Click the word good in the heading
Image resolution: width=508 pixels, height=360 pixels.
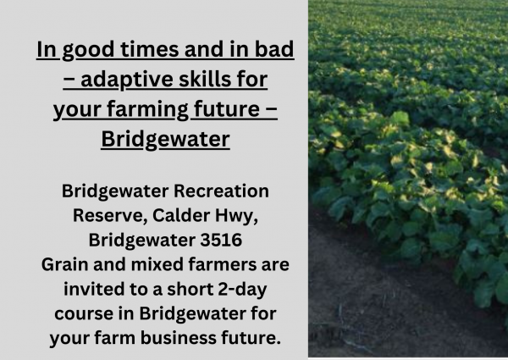(88, 51)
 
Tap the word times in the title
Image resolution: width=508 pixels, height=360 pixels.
(149, 50)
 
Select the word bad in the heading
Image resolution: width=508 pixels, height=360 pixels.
(274, 50)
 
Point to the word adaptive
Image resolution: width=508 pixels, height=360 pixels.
(127, 80)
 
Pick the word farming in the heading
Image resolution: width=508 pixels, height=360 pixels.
(147, 110)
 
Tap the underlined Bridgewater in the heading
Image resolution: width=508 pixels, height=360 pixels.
(165, 140)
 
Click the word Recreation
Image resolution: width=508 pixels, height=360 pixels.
(221, 191)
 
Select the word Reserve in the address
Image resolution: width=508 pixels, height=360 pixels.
(110, 215)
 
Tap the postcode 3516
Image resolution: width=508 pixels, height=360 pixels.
(221, 240)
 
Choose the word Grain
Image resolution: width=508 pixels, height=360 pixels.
(65, 264)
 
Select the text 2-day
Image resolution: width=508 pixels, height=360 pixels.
(242, 290)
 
